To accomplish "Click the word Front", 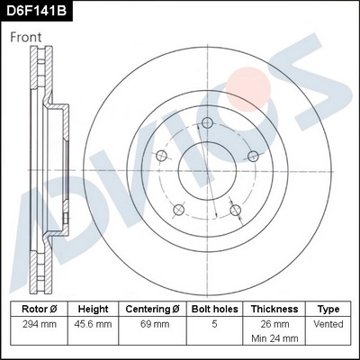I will point(28,37).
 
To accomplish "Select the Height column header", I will point(93,308).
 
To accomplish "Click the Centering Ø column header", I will point(150,308).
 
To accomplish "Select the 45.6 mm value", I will point(93,323).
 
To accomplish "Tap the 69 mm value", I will point(150,323).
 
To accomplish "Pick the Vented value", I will point(328,323).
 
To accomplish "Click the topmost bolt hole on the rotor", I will point(207,123).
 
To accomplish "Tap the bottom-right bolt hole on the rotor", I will point(236,211).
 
